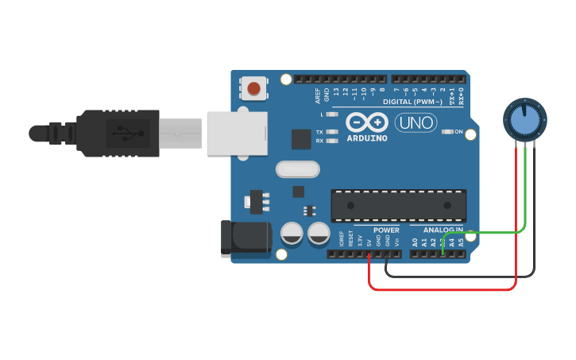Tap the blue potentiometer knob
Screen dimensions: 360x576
(524, 119)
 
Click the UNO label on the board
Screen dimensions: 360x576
(416, 123)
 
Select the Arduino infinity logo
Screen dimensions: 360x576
(367, 122)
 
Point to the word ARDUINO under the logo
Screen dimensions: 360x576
(367, 138)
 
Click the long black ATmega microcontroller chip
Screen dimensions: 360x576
(398, 206)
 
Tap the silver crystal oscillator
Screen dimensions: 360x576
(297, 169)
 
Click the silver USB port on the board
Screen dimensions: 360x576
(238, 133)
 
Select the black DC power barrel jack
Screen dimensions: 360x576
(245, 238)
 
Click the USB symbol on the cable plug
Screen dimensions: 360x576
(121, 133)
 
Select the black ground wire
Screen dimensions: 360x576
(461, 277)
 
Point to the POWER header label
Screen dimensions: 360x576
(386, 230)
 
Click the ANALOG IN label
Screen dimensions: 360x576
(443, 230)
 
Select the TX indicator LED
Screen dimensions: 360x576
(332, 132)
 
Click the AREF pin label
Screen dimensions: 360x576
(318, 95)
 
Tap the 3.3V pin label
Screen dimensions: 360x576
(360, 240)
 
